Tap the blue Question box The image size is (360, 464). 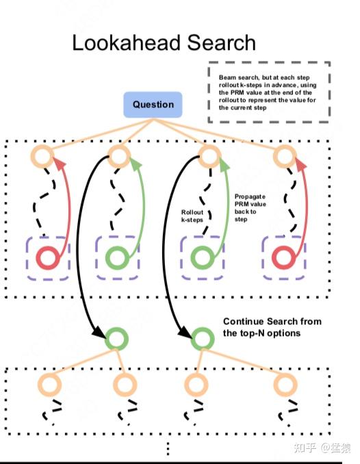coord(153,105)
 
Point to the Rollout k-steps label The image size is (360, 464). coord(193,216)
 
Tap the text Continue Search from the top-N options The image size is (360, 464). coord(272,327)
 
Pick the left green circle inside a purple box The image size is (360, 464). coord(118,259)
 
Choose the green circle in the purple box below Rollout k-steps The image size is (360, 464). coord(202,259)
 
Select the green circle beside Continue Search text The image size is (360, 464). coord(202,337)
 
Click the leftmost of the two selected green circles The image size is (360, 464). coord(116,337)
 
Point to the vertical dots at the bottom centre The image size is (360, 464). coord(168,448)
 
